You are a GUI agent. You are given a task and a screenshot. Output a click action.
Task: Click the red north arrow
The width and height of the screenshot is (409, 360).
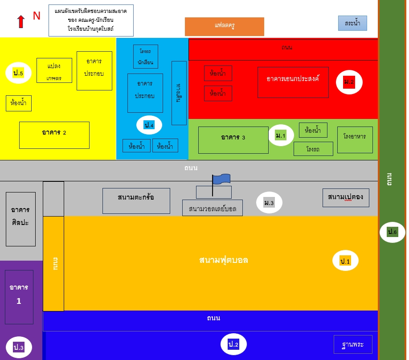[20, 21]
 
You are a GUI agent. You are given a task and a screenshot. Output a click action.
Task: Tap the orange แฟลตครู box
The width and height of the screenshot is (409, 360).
[224, 26]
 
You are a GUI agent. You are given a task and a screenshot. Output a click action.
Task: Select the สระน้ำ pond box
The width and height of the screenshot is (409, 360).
[352, 23]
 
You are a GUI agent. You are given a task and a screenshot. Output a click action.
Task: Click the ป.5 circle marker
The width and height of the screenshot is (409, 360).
[18, 73]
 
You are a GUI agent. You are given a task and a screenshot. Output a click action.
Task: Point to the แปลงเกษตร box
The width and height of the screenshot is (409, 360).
[54, 70]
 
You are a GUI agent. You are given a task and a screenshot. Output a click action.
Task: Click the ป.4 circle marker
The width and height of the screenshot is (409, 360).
[149, 125]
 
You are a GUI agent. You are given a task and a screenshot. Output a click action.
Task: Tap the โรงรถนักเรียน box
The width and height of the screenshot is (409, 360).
[145, 57]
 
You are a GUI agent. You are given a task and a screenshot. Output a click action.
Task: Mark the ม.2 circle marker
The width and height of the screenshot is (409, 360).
[349, 82]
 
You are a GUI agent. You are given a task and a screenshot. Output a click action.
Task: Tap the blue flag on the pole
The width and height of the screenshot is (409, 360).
[221, 179]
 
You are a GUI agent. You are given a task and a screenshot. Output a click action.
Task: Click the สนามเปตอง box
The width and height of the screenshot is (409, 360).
[345, 197]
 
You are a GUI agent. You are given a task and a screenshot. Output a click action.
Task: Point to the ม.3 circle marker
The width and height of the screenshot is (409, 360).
[269, 203]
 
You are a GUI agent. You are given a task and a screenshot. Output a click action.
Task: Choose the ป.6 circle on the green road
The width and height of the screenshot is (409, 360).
[392, 232]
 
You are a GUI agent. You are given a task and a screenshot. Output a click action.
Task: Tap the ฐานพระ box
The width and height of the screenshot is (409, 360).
[353, 344]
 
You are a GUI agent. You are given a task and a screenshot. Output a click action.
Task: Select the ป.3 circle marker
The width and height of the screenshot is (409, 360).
[19, 348]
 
